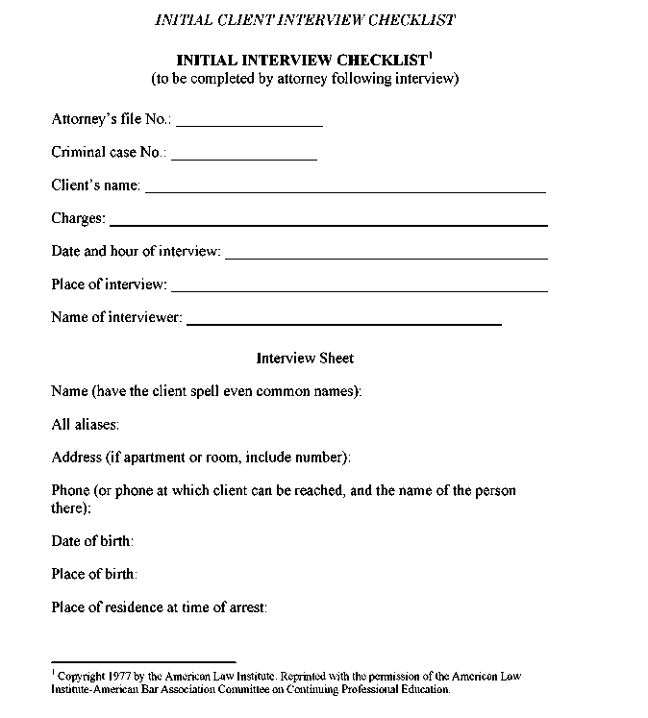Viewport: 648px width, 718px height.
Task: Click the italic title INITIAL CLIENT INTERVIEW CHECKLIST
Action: (x=305, y=20)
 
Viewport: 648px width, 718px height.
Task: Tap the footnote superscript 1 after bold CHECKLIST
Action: (x=430, y=55)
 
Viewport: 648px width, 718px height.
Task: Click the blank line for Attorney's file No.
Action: (x=249, y=126)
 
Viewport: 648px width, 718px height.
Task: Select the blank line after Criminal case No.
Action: (x=244, y=159)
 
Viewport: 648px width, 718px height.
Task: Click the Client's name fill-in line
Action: (x=345, y=191)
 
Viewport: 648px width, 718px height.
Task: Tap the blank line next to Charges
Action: (x=329, y=225)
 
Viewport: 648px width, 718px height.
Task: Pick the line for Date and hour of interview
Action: (x=386, y=258)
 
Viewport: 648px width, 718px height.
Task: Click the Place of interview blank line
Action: (x=360, y=290)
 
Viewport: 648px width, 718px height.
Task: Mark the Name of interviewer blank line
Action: (x=344, y=324)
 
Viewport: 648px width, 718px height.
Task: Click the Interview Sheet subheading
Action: (x=305, y=359)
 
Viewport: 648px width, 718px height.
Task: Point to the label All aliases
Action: (x=85, y=424)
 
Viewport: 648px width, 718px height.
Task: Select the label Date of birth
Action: (x=92, y=541)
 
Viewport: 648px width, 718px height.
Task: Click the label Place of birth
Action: (x=94, y=574)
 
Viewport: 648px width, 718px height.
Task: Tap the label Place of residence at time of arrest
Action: (x=159, y=607)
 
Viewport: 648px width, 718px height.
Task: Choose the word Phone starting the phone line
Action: (x=70, y=490)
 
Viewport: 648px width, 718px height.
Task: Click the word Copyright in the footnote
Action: (x=82, y=677)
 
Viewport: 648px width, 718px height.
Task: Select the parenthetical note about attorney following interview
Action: (x=305, y=78)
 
